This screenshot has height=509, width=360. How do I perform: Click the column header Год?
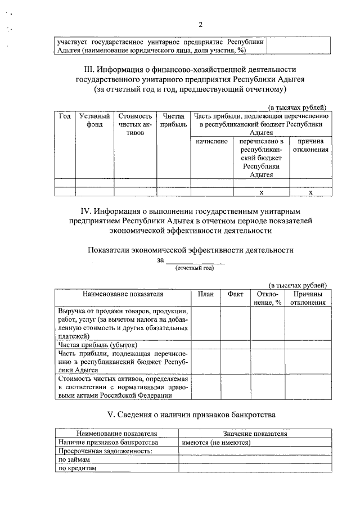(65, 116)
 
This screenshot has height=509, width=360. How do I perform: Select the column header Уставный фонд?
(94, 120)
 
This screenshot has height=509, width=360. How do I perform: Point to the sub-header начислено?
(211, 142)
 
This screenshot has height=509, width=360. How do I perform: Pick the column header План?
(206, 294)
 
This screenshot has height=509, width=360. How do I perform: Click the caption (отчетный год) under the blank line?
(195, 268)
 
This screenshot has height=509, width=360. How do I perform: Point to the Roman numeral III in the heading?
(88, 70)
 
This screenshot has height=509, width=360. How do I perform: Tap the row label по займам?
(75, 460)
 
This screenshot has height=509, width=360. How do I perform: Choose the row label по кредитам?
(78, 468)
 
